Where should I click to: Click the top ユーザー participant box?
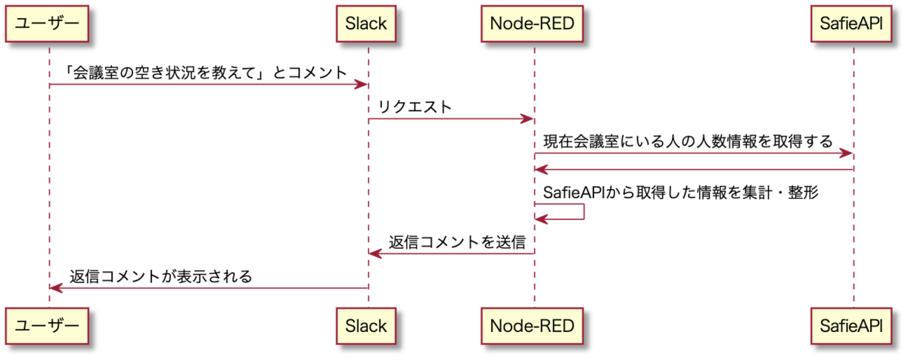pyautogui.click(x=47, y=23)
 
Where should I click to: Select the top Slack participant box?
pyautogui.click(x=366, y=23)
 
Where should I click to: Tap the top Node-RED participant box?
pyautogui.click(x=532, y=23)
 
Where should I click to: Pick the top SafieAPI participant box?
pyautogui.click(x=852, y=23)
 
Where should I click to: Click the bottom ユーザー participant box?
pyautogui.click(x=47, y=326)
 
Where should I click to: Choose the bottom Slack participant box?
pyautogui.click(x=366, y=326)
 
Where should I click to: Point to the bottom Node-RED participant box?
pyautogui.click(x=532, y=326)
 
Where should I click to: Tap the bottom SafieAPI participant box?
pyautogui.click(x=852, y=326)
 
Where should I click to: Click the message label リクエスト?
pyautogui.click(x=415, y=107)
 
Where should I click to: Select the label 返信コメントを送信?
pyautogui.click(x=457, y=242)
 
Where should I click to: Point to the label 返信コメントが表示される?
pyautogui.click(x=161, y=277)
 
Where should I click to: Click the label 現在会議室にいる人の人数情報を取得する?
pyautogui.click(x=688, y=141)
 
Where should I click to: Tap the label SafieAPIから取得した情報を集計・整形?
pyautogui.click(x=681, y=192)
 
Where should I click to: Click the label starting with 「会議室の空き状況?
pyautogui.click(x=206, y=73)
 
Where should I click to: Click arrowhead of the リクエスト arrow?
pyautogui.click(x=527, y=119)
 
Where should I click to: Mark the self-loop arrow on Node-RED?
pyautogui.click(x=583, y=212)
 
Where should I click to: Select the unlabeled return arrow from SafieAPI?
pyautogui.click(x=694, y=169)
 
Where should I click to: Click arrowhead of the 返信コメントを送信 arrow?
pyautogui.click(x=375, y=254)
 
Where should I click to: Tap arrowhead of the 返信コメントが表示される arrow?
pyautogui.click(x=56, y=288)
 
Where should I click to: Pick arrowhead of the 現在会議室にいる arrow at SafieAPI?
pyautogui.click(x=847, y=154)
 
